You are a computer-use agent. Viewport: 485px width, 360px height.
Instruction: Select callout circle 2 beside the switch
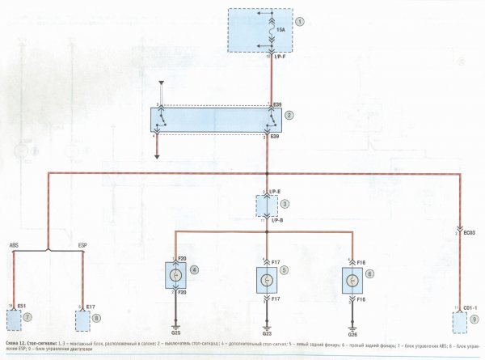(299, 116)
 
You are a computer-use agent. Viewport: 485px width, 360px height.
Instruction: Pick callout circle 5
(284, 273)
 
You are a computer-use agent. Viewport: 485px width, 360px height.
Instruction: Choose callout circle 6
(370, 273)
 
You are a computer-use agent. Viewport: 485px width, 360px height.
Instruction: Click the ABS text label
(15, 244)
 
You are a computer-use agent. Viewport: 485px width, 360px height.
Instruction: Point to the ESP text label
(82, 244)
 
